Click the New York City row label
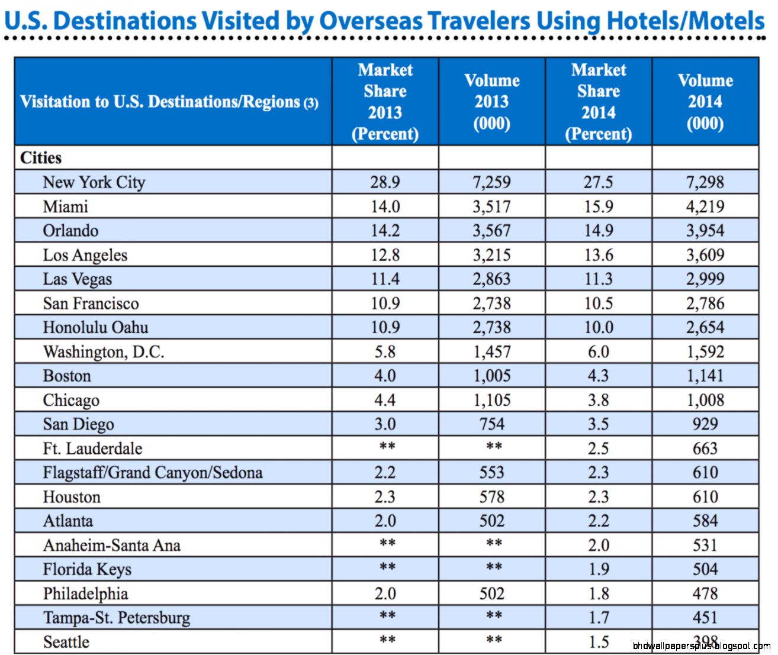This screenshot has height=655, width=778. coord(94,182)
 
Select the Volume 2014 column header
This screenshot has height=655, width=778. coord(705,102)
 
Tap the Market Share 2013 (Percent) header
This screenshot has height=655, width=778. coord(385,102)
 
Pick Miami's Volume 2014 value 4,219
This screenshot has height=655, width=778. coord(705,206)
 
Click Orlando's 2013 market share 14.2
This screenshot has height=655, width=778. coord(385,231)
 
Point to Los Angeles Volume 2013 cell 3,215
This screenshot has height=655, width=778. coord(491,255)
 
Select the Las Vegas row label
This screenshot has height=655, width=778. coord(77,279)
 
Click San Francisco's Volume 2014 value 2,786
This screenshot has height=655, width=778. coord(705,304)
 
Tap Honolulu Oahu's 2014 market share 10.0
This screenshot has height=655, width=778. coord(598,328)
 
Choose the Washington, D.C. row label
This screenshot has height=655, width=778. coord(104,352)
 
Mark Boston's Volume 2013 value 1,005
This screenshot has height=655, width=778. coord(491,376)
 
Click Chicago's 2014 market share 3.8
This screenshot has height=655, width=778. coord(598,401)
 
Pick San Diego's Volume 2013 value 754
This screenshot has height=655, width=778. coord(491,424)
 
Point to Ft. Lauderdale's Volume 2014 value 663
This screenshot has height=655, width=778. coord(705,449)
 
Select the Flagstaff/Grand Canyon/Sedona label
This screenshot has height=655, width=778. coord(152,473)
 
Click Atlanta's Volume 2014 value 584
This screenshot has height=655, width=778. coord(705,521)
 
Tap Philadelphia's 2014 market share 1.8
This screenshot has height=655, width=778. coord(598,593)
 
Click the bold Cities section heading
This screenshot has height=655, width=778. coord(41,158)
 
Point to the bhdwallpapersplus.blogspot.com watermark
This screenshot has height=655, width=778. coord(701,646)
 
